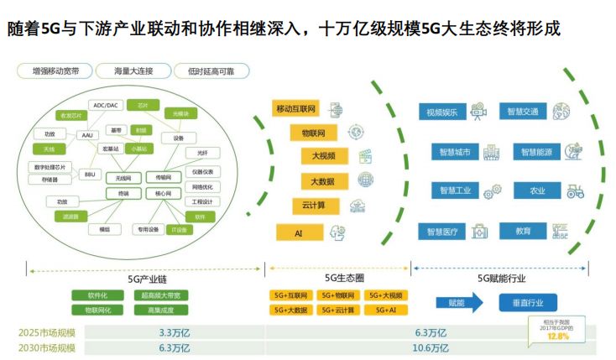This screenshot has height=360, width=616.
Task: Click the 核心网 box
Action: (162, 193)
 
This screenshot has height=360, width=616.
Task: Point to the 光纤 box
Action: (201, 153)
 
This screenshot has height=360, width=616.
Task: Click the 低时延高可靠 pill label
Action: (206, 72)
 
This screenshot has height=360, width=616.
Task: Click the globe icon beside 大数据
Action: (365, 180)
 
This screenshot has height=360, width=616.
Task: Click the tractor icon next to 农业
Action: (575, 190)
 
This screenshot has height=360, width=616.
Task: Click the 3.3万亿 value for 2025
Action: (173, 331)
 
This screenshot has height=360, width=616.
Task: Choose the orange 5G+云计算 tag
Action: (337, 310)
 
